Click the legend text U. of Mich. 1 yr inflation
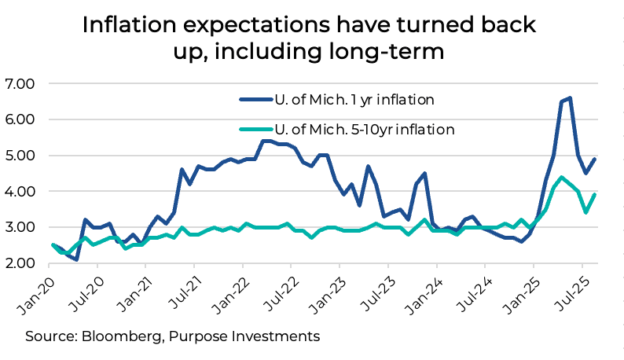[x=354, y=100]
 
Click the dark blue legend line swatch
[x=254, y=100]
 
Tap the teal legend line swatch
[x=254, y=129]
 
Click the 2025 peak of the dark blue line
[x=569, y=98]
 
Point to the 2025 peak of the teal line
[x=561, y=178]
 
